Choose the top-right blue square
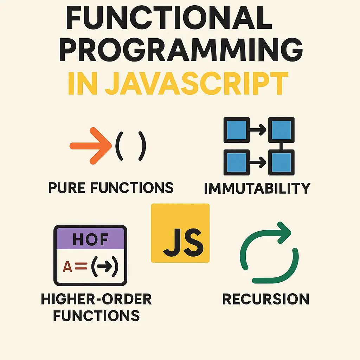[281, 130]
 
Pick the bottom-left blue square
[237, 162]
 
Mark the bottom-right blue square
[281, 162]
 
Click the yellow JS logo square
[180, 233]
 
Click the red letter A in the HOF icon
[67, 267]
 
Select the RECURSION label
[266, 299]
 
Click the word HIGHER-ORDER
[96, 300]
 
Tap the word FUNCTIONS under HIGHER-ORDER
[96, 315]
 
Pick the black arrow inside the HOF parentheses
[104, 268]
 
